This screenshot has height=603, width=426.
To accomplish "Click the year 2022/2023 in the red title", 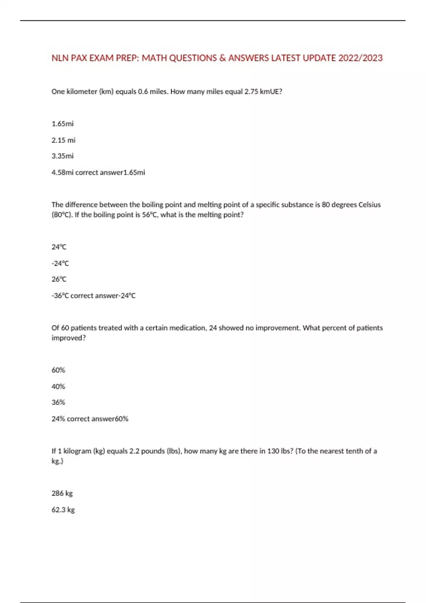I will pos(360,58).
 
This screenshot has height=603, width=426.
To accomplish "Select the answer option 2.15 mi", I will pos(64,140).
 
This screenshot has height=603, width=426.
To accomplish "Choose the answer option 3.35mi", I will pos(62,156).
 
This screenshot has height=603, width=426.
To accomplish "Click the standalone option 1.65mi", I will pos(62,124).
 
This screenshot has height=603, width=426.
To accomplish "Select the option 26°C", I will pos(59,279).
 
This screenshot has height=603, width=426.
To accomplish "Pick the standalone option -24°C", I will pos(60,263).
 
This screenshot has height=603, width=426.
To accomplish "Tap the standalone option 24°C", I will pos(59,247).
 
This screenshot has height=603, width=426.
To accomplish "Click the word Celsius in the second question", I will pos(370,205).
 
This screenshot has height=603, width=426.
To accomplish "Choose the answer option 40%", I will pos(58,387).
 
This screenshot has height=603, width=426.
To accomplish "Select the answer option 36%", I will pos(58,402).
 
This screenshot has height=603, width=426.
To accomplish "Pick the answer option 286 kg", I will pos(62,493).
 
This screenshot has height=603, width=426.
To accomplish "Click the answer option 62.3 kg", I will pos(63,510).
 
